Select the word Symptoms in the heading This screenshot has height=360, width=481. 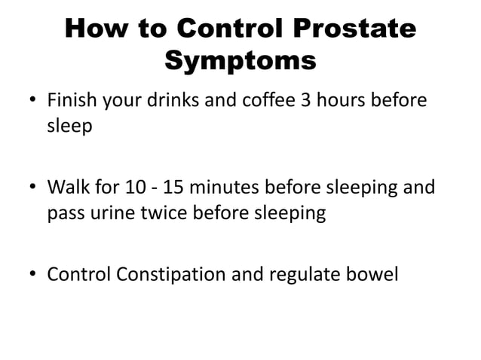coord(240,60)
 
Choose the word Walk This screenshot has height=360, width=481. coord(66,186)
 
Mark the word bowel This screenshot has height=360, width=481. coord(372,273)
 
